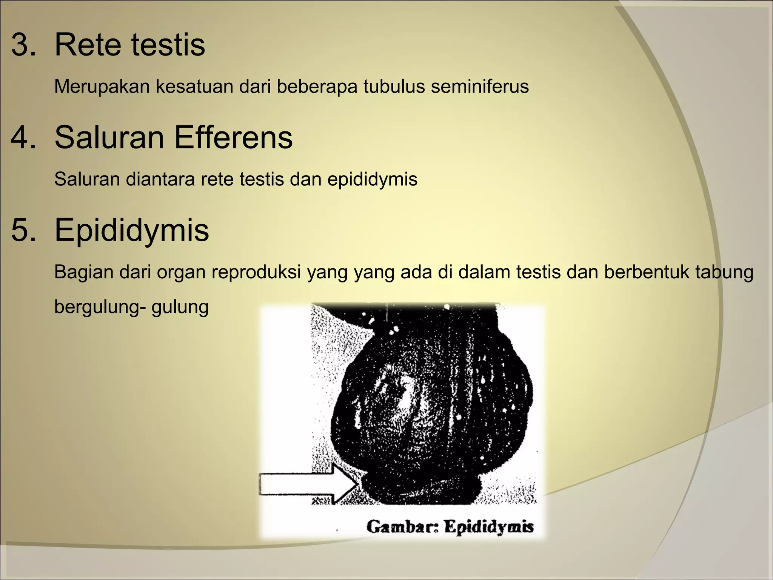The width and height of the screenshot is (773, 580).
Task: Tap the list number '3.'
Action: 23,45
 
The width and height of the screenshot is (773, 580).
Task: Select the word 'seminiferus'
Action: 480,86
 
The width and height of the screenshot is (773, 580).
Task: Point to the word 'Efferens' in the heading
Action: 233,137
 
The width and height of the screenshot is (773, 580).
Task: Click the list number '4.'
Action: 23,137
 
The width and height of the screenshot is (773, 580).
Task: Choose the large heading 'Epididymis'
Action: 132,230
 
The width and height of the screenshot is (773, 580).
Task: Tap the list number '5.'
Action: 23,230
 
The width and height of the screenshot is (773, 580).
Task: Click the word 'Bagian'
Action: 83,273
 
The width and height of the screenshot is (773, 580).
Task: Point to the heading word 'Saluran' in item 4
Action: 109,137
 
